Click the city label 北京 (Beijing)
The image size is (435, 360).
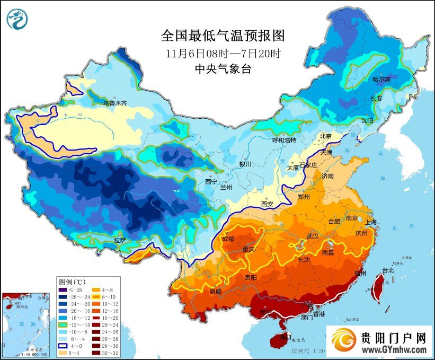pos(325,136)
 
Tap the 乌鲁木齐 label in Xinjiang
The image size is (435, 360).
pos(115,103)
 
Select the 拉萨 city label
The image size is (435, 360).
pos(120,240)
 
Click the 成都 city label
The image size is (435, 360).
pos(228,239)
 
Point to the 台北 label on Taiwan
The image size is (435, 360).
pos(388,270)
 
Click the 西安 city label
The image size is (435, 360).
pos(267,204)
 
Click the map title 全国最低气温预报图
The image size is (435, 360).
pos(223,36)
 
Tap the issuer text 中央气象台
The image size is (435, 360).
pos(223,68)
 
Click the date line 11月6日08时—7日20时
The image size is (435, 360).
pos(223,53)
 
